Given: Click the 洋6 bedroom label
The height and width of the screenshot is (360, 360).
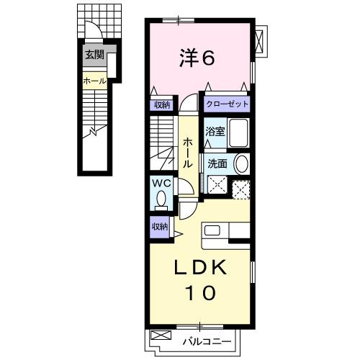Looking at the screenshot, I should (x=196, y=59).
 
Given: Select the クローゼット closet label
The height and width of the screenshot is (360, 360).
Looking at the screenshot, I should (x=227, y=104).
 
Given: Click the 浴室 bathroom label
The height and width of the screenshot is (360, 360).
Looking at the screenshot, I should (x=214, y=132).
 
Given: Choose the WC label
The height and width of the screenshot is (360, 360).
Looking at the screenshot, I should (x=160, y=183).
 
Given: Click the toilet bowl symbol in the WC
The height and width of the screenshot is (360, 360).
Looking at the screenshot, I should (x=161, y=198).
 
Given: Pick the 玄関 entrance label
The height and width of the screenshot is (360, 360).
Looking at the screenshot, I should (x=94, y=54).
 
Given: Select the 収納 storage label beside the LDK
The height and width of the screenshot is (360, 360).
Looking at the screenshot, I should (x=160, y=226).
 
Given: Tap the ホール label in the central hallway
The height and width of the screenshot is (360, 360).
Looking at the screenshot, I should (x=188, y=153).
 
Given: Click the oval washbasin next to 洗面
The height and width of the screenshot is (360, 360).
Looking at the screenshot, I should (x=241, y=163).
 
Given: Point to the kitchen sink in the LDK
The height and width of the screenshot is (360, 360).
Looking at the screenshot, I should (x=213, y=230).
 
